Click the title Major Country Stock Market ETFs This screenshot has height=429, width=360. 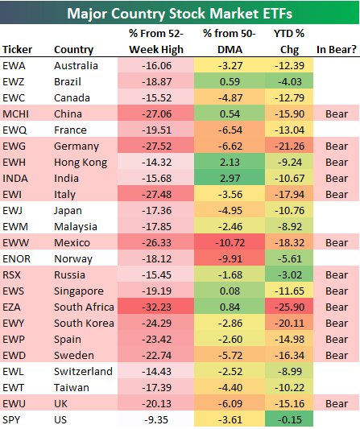click(x=179, y=14)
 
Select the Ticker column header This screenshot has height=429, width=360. click(x=19, y=50)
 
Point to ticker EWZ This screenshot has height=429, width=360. click(x=17, y=82)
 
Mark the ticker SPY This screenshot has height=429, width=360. click(x=14, y=419)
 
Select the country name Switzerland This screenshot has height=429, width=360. click(x=83, y=371)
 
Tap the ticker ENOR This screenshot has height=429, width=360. click(x=19, y=258)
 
